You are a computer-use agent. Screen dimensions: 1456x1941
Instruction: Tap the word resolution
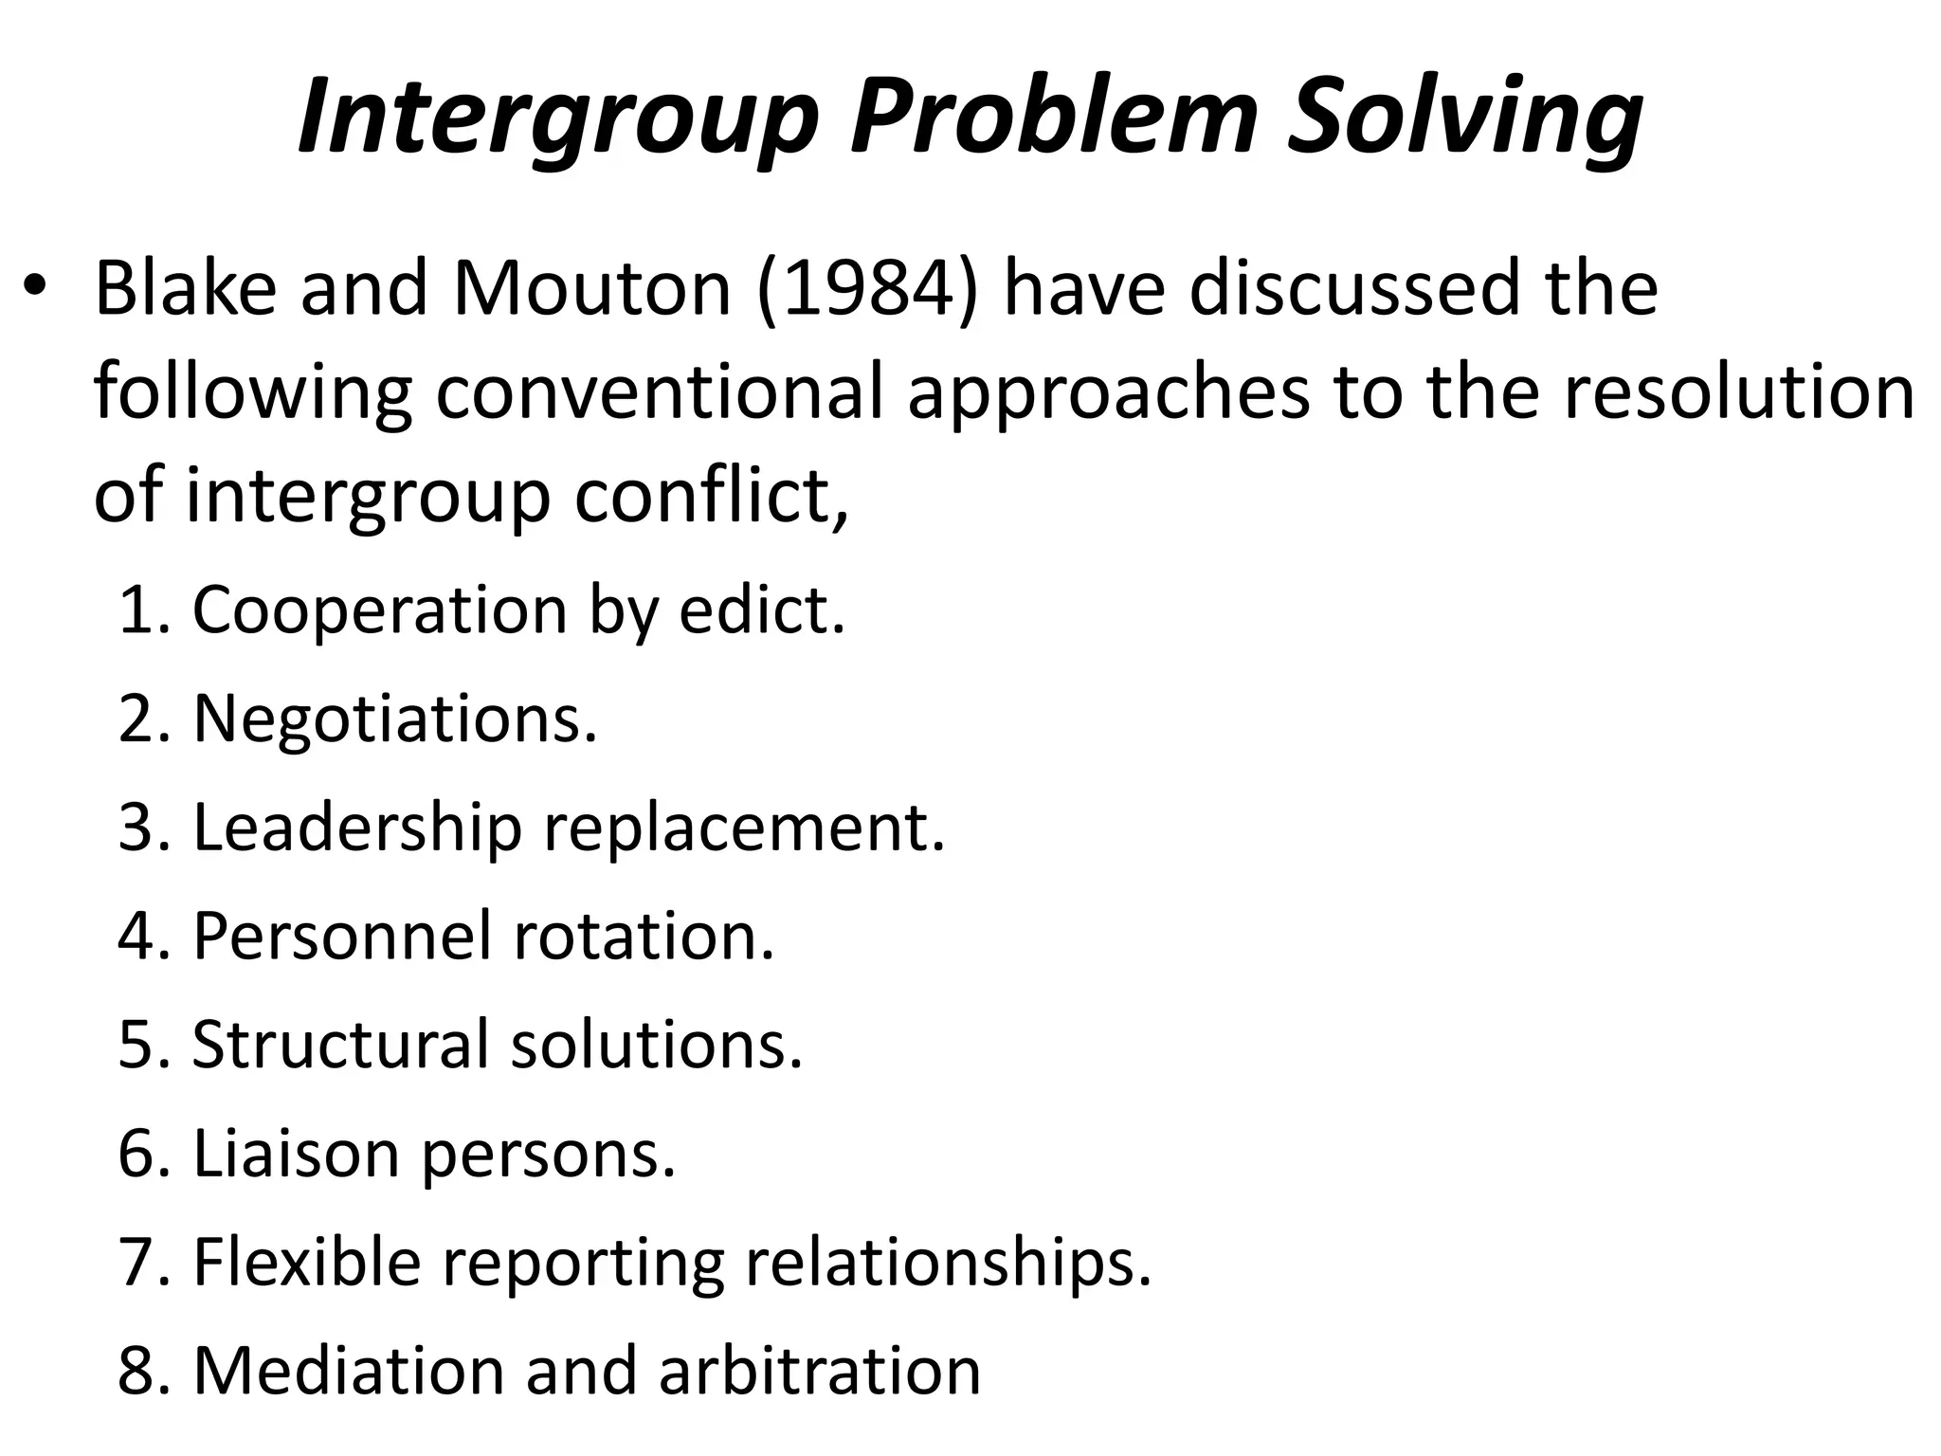tap(1738, 392)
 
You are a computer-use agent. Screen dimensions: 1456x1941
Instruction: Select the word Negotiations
tap(395, 719)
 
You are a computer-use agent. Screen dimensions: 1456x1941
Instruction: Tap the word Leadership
tap(357, 828)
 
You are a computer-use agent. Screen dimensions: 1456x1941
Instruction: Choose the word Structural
tap(340, 1045)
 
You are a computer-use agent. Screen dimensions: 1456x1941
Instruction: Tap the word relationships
tap(949, 1263)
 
